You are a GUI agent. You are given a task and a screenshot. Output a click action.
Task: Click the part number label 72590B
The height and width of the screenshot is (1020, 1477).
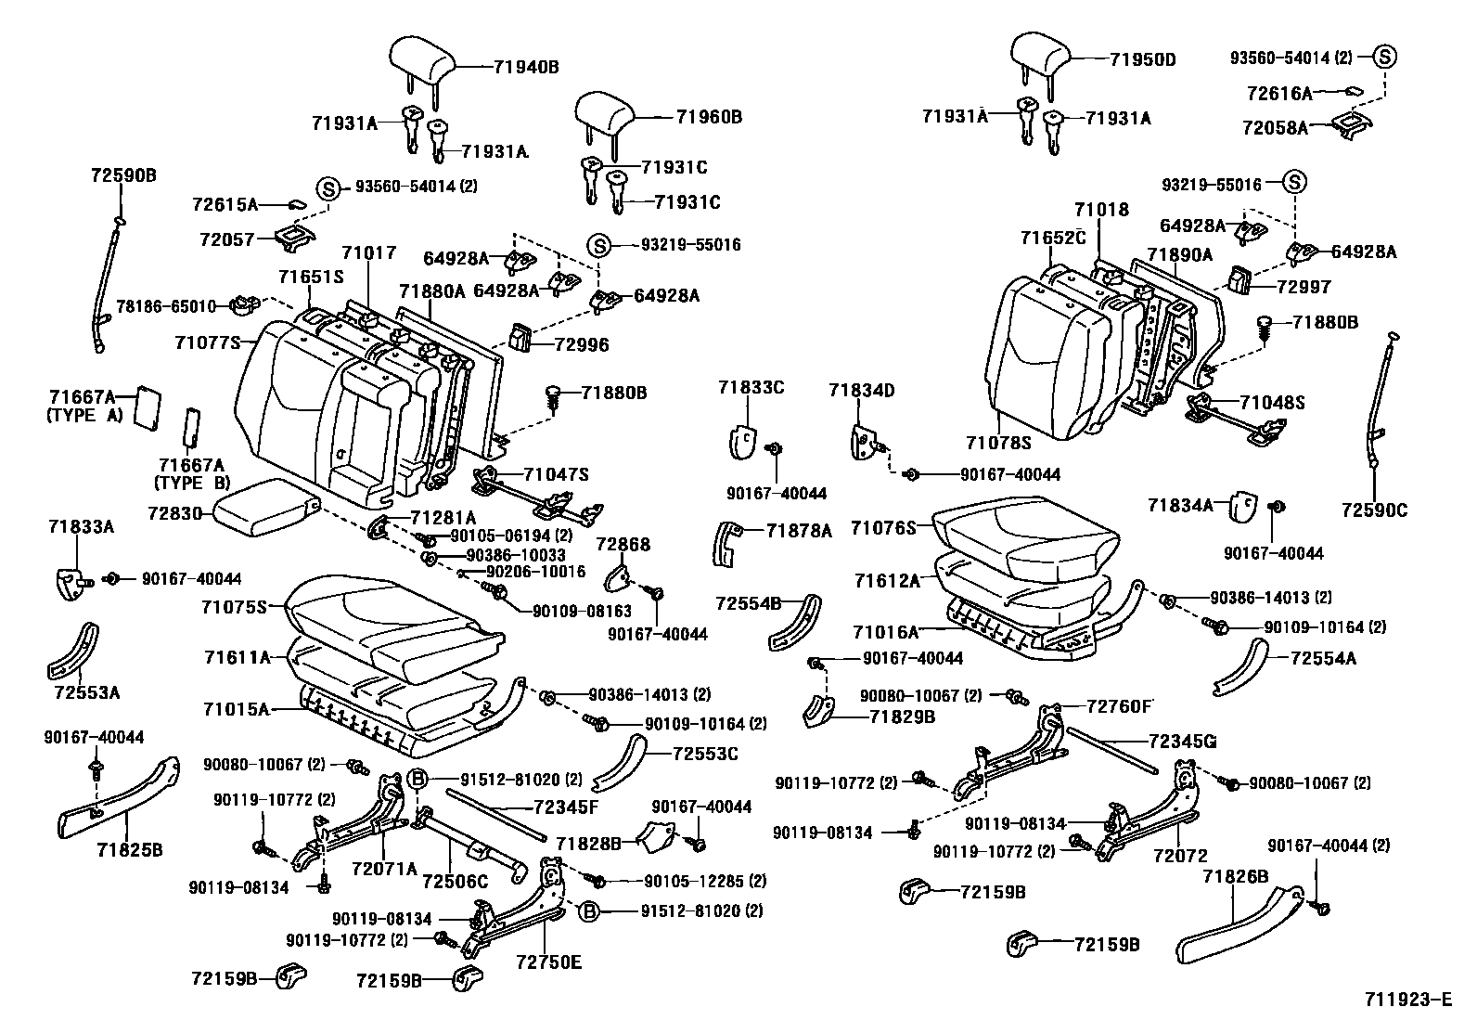click(x=123, y=175)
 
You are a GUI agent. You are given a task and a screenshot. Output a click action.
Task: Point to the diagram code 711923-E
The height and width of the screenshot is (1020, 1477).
click(x=1407, y=1000)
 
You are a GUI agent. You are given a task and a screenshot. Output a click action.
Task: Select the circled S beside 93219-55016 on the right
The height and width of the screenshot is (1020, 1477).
click(x=1294, y=181)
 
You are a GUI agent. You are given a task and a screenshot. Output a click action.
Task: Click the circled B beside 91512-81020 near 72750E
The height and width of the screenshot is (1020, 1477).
click(x=589, y=911)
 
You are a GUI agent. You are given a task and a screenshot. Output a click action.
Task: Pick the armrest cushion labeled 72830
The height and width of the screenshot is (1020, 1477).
click(x=265, y=508)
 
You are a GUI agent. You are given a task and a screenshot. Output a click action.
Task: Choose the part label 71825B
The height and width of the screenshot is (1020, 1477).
click(x=129, y=850)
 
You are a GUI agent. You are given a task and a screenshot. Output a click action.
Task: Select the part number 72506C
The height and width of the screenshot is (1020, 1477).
click(x=455, y=882)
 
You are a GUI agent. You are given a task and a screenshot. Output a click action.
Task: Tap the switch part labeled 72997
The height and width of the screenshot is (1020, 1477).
click(x=1239, y=279)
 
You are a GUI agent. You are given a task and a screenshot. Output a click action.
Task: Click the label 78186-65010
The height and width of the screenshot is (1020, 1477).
click(x=166, y=307)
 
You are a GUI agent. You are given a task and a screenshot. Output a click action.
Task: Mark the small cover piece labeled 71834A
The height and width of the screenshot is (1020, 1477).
click(x=1244, y=508)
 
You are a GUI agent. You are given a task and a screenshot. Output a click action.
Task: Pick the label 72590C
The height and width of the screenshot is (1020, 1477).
click(x=1374, y=510)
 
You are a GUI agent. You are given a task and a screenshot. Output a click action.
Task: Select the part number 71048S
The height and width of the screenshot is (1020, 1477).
click(x=1272, y=403)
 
